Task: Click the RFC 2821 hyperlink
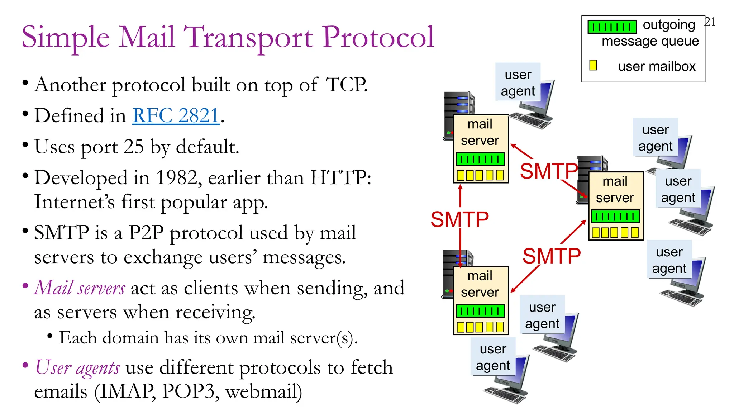pos(176,115)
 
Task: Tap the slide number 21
pos(710,22)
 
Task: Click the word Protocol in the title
pos(378,37)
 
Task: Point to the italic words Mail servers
pos(80,288)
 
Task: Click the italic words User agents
pos(77,367)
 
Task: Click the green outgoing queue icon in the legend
pos(612,27)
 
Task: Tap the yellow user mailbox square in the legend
pos(593,65)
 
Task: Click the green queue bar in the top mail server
pos(480,159)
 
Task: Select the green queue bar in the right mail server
pos(615,216)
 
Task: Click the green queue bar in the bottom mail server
pos(480,311)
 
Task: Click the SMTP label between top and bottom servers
pos(459,219)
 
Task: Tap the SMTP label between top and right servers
pos(548,171)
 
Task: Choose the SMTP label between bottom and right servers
pos(551,256)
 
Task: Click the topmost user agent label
pos(518,82)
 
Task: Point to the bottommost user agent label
pos(493,357)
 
